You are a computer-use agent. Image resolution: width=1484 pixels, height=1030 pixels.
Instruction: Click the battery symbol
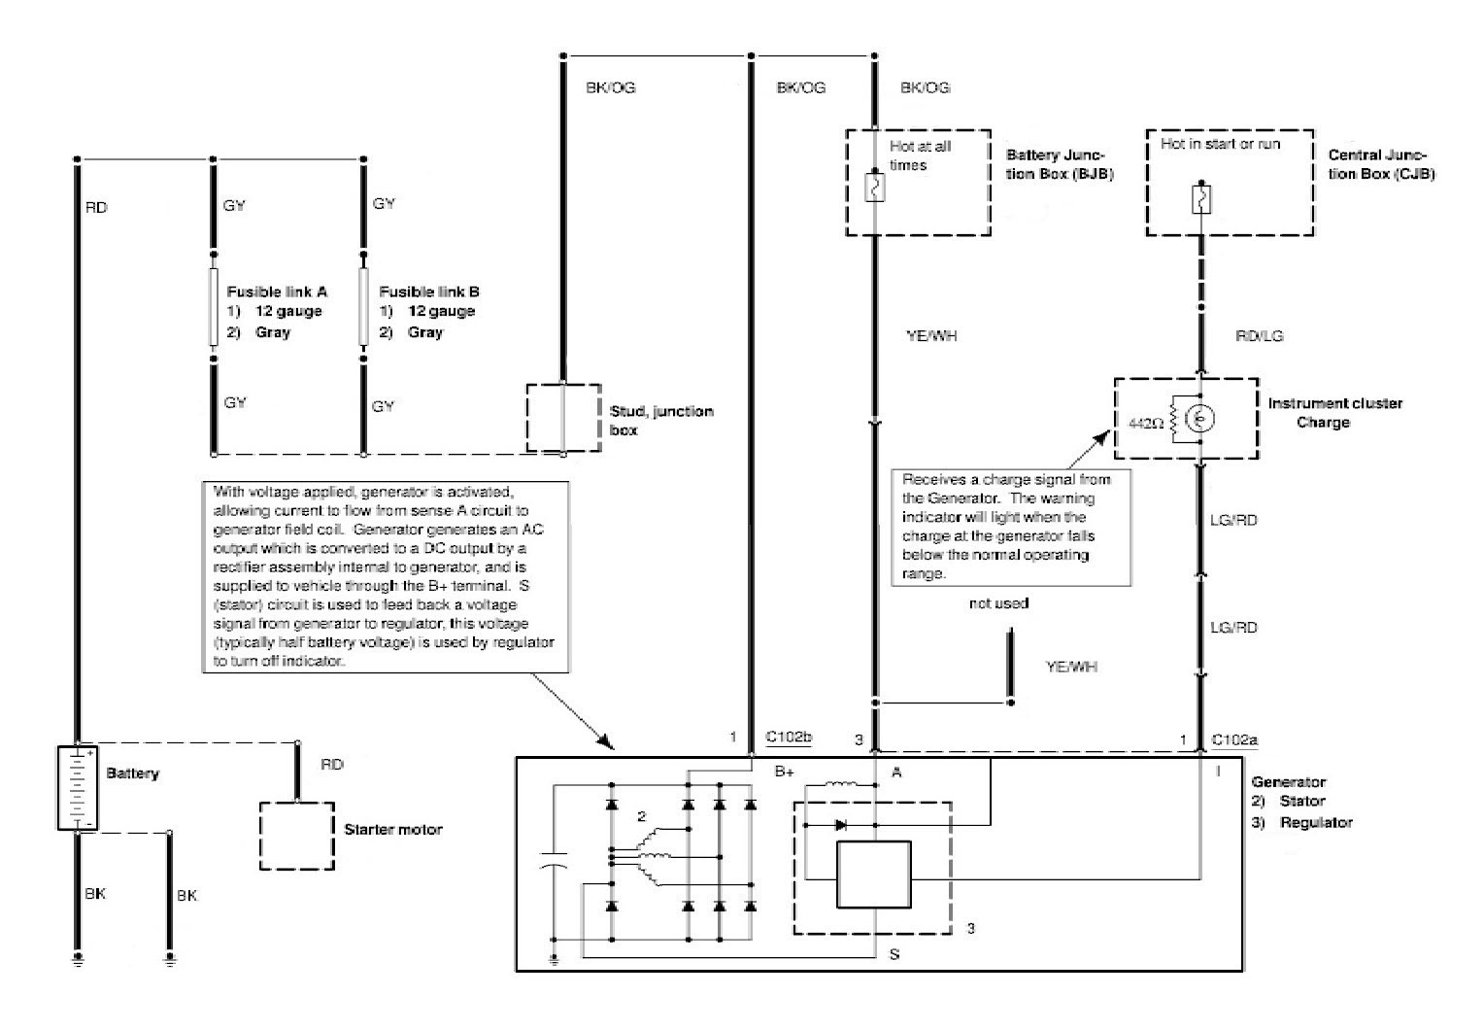tap(76, 787)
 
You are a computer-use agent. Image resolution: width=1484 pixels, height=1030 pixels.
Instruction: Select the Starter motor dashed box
tap(297, 836)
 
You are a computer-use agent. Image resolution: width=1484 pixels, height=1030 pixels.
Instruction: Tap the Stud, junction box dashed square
tap(563, 417)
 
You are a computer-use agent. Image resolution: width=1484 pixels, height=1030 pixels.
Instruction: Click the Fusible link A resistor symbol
tap(214, 307)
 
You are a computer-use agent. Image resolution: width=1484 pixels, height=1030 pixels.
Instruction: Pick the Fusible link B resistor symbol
tap(364, 307)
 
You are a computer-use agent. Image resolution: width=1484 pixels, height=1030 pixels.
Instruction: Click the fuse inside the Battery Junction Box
tap(874, 188)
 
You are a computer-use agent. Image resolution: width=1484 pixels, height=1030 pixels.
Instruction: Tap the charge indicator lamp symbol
tap(1201, 419)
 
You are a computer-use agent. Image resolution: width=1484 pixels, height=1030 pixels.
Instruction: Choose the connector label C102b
tap(789, 738)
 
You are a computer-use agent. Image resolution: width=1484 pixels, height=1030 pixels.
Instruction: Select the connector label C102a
tap(1234, 739)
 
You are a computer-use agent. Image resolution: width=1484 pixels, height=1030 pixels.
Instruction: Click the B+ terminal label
tap(785, 772)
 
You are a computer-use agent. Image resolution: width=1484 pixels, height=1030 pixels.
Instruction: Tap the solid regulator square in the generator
tap(874, 875)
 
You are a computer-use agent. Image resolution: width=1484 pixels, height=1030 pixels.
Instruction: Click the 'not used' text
tap(998, 603)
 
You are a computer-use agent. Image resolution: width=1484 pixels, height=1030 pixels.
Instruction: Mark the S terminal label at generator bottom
tap(894, 954)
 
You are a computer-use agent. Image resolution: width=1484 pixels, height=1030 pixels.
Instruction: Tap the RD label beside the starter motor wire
tap(332, 765)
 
